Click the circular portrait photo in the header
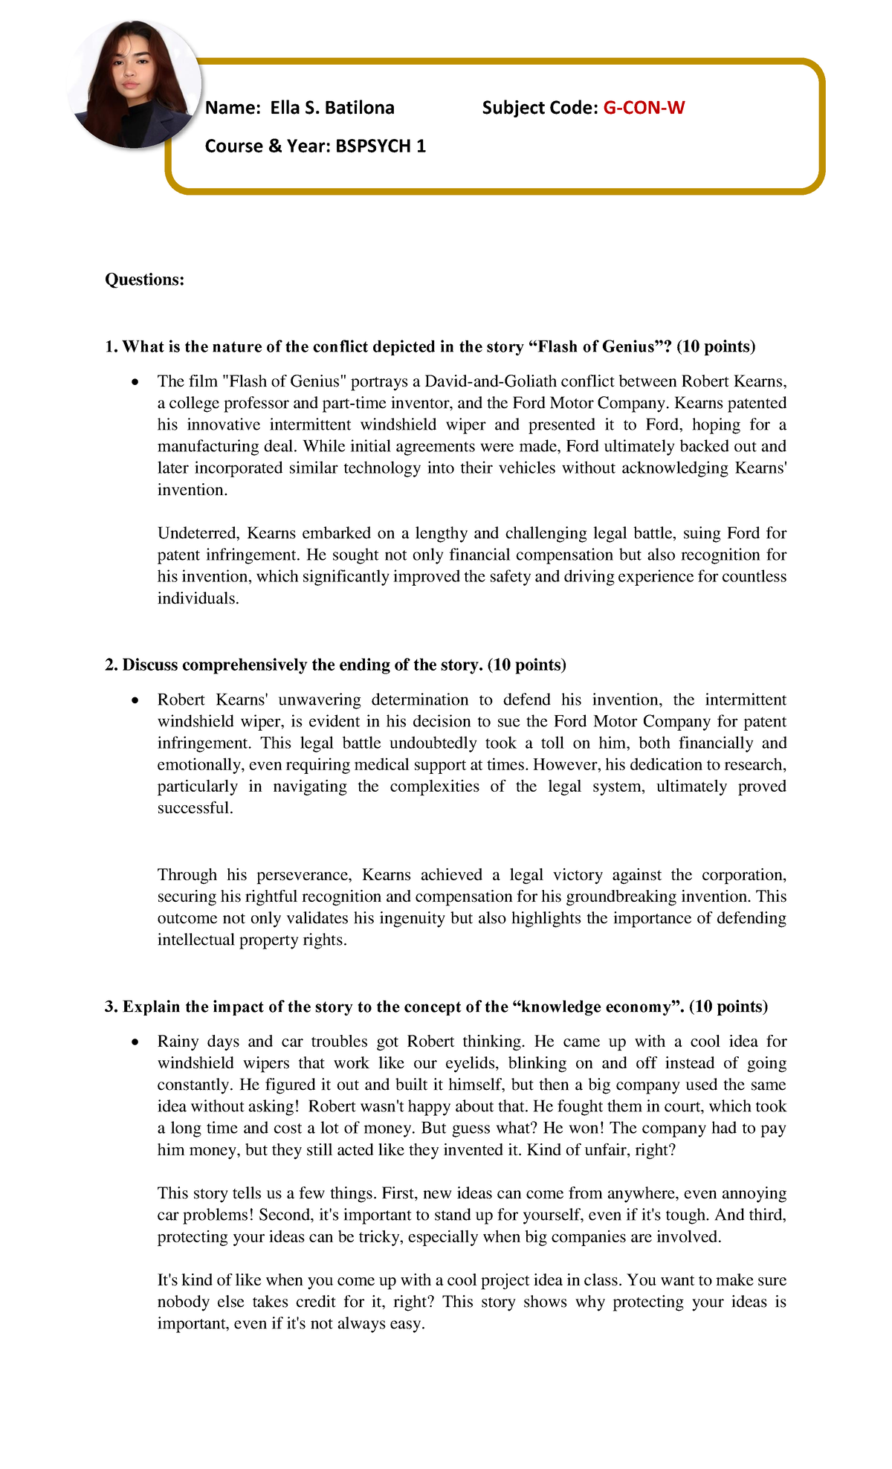tap(134, 84)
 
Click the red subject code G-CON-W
tap(643, 108)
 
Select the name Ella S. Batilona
tap(332, 108)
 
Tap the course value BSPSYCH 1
tap(381, 146)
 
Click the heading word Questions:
tap(144, 280)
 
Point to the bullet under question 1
tap(134, 382)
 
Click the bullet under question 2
tap(134, 700)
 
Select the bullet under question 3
tap(134, 1042)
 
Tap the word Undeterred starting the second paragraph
tap(198, 533)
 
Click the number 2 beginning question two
tap(110, 665)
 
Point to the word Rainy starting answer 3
tap(178, 1042)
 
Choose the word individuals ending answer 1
tap(198, 598)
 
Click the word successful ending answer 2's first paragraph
tap(195, 808)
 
